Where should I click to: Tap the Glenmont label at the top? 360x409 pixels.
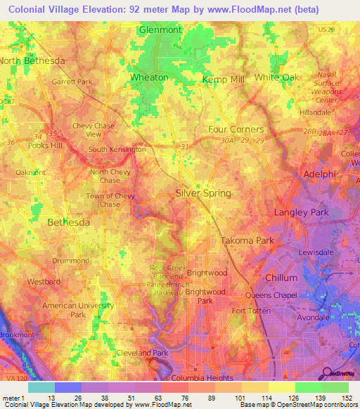tap(160, 30)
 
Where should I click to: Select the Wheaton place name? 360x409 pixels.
tap(149, 77)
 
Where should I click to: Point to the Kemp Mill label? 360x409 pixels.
tap(224, 79)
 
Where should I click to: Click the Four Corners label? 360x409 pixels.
tap(236, 129)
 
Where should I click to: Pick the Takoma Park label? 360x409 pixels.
tap(247, 240)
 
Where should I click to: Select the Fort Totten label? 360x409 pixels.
tap(251, 311)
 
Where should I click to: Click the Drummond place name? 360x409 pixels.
tap(68, 260)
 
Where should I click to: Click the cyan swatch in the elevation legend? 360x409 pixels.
tap(41, 387)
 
